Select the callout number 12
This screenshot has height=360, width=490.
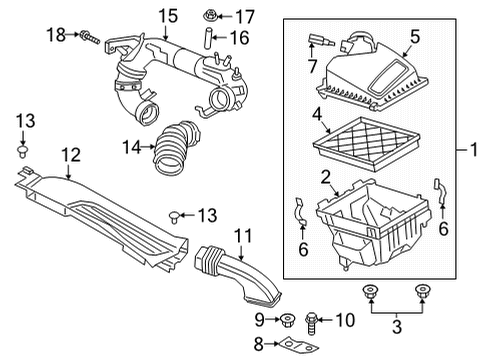(x=69, y=155)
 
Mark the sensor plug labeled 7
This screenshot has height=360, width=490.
(x=320, y=43)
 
